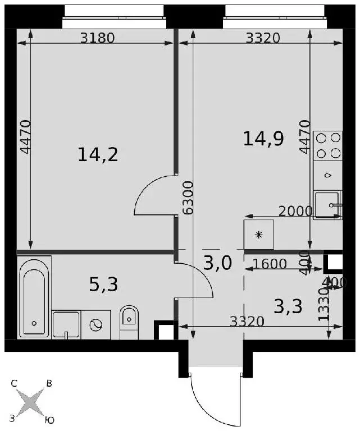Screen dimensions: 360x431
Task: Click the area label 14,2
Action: [x=98, y=155]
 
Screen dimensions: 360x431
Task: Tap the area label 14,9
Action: [x=263, y=139]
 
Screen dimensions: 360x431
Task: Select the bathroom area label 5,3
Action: [x=104, y=284]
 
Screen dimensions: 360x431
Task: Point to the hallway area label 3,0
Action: [x=218, y=263]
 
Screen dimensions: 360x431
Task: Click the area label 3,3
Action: [x=288, y=306]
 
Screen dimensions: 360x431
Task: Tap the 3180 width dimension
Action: [x=97, y=38]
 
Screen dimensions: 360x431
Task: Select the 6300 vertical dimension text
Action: [x=188, y=198]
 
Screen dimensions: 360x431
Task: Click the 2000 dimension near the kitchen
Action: [x=295, y=212]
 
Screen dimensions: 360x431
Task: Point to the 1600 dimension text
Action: [x=270, y=264]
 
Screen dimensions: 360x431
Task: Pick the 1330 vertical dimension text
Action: [x=323, y=305]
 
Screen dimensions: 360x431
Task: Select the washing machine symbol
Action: [x=95, y=324]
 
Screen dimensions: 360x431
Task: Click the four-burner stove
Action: [x=328, y=146]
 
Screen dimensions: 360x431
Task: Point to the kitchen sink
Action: [x=328, y=205]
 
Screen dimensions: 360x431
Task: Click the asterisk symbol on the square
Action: [x=259, y=235]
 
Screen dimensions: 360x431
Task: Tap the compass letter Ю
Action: [x=49, y=420]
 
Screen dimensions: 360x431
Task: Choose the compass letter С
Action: [x=14, y=383]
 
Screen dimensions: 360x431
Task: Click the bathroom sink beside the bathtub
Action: [x=66, y=324]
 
